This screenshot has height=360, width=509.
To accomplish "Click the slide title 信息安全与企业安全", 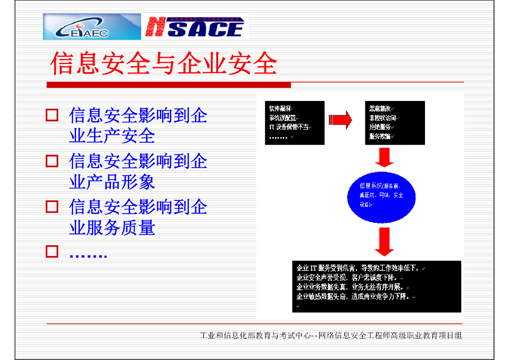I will [x=164, y=64].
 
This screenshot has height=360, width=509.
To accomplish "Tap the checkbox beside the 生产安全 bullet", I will [x=52, y=115].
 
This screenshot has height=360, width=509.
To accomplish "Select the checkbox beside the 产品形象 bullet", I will [x=52, y=161].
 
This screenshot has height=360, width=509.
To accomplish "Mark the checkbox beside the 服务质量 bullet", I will [x=52, y=206].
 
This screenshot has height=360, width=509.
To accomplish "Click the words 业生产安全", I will [x=112, y=136].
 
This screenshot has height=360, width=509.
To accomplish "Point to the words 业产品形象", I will [x=112, y=181].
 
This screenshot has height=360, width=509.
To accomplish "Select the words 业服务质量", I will [x=112, y=228].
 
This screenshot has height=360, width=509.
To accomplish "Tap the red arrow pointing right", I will [x=340, y=120].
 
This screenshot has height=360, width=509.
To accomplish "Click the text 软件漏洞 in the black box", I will [x=281, y=108].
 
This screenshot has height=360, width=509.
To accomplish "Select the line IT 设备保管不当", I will [x=289, y=127].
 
